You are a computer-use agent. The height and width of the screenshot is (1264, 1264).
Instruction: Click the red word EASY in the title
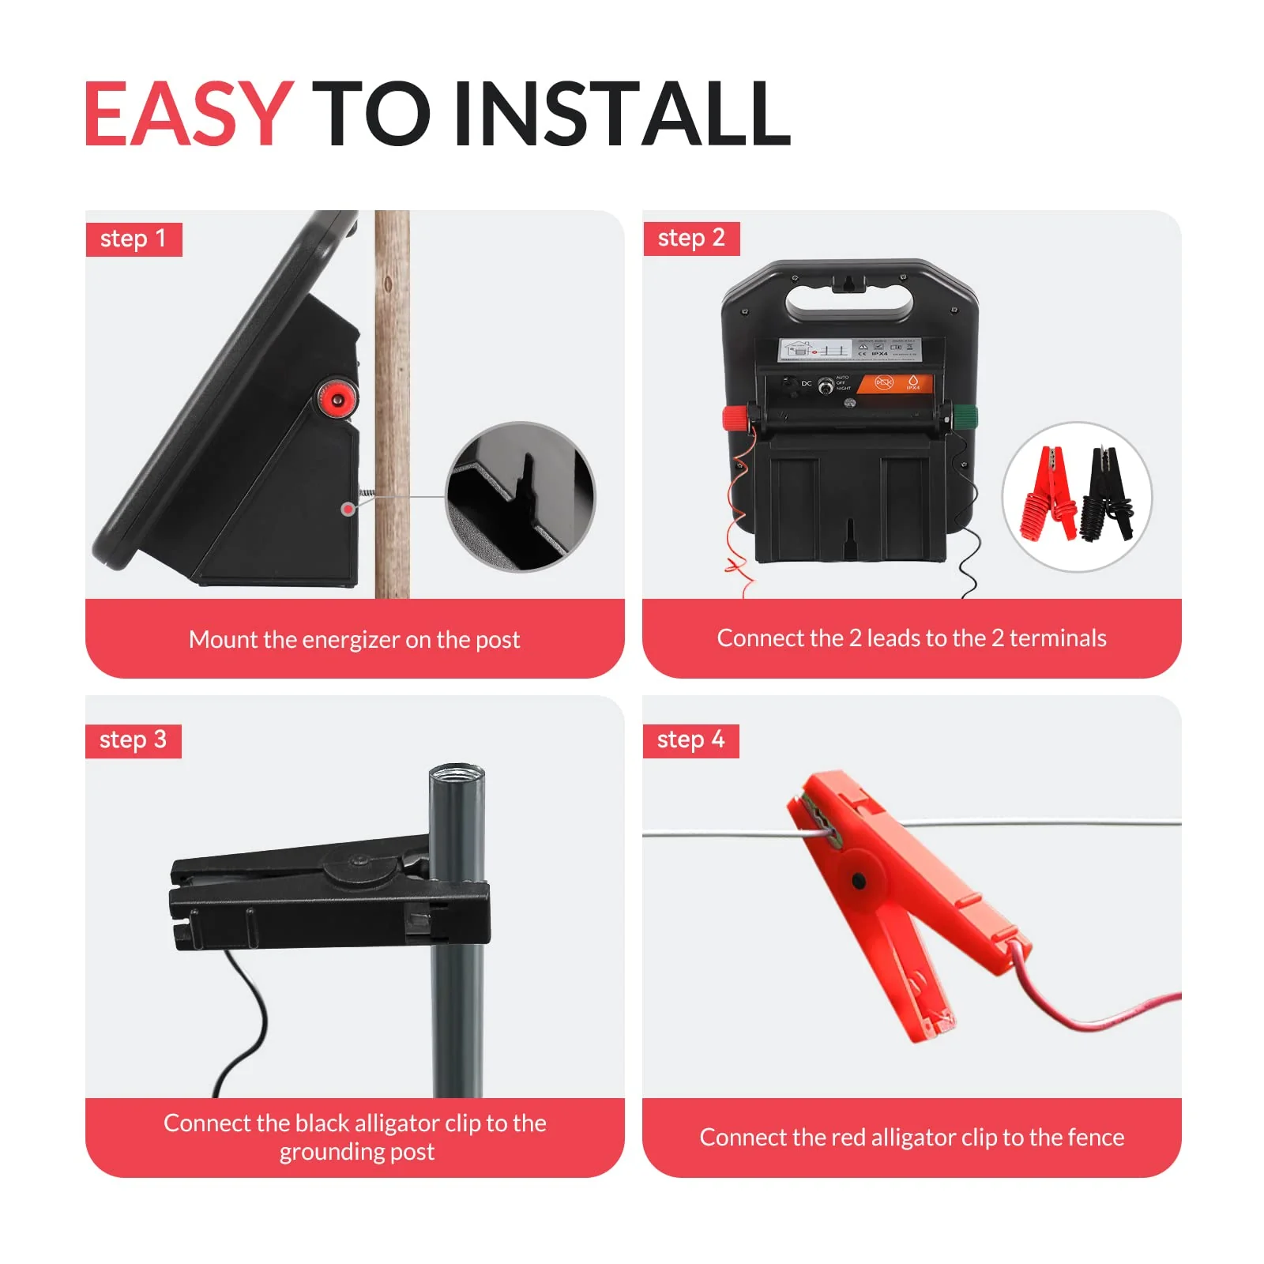point(188,114)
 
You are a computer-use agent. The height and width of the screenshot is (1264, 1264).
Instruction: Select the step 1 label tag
point(134,239)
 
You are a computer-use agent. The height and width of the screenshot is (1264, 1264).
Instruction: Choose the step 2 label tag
point(690,238)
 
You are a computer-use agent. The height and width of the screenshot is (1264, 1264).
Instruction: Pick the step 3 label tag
point(133,740)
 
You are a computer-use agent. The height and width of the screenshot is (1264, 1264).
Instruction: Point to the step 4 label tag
point(690,740)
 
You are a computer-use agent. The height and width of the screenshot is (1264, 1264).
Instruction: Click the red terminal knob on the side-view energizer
point(337,399)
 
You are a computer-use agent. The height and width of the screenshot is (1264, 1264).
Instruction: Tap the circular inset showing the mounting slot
point(521,496)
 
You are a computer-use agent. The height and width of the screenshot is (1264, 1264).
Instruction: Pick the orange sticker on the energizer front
point(894,383)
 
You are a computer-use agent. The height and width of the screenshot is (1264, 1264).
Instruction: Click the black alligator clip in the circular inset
point(1108,494)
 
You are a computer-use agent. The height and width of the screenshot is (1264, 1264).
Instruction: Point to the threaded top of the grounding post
point(457,773)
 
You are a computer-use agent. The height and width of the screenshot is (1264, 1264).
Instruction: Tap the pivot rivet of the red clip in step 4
point(859,880)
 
